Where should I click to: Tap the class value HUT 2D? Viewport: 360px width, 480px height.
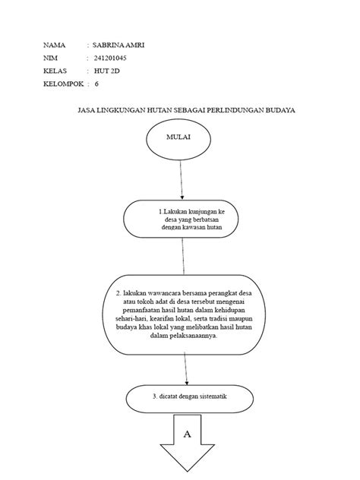pos(107,71)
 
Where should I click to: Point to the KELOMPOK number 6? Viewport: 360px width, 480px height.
pos(97,84)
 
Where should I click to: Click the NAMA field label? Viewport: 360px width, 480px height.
pos(55,46)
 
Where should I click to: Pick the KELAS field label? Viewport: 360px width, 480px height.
pos(56,71)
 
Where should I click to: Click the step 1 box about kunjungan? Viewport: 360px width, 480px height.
pos(183,219)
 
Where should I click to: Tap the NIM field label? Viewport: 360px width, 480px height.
pos(50,58)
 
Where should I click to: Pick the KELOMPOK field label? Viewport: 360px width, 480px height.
pos(63,84)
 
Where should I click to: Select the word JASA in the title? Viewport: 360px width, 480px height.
pos(87,111)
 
